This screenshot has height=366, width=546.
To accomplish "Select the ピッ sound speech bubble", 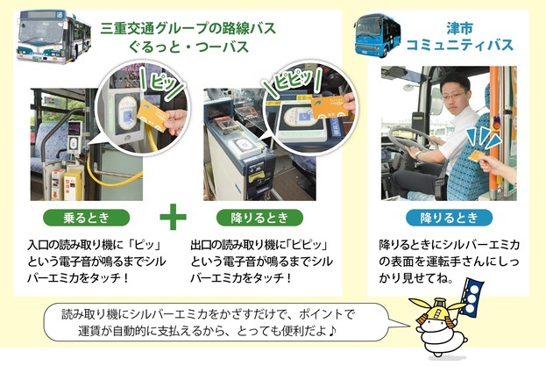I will (163, 82).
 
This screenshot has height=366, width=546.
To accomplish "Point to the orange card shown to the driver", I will (478, 155).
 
